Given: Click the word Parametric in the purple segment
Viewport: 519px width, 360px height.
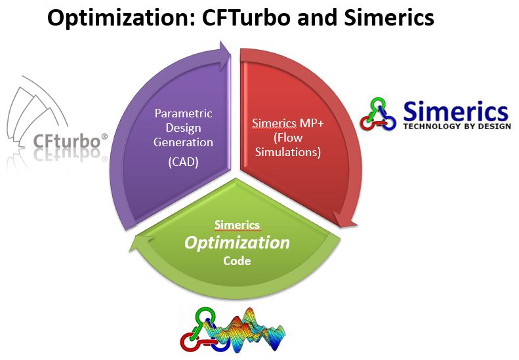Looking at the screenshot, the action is tap(183, 113).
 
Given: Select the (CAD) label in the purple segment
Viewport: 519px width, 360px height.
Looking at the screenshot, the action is tap(183, 162).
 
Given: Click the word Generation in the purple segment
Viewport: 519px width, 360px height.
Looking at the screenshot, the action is tap(183, 142).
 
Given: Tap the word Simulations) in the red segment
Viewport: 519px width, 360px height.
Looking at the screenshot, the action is tap(288, 152).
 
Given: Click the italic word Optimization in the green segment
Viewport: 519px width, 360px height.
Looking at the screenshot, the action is tap(237, 243).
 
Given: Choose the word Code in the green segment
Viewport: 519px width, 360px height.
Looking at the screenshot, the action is tap(237, 261).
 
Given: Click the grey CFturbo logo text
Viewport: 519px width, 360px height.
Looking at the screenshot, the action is tap(66, 141).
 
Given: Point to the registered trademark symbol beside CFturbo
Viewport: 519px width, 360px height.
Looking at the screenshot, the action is tap(104, 136).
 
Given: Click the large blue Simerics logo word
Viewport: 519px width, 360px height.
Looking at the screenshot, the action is tap(455, 111).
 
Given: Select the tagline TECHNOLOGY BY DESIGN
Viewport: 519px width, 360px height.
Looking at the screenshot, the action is tap(457, 126).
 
